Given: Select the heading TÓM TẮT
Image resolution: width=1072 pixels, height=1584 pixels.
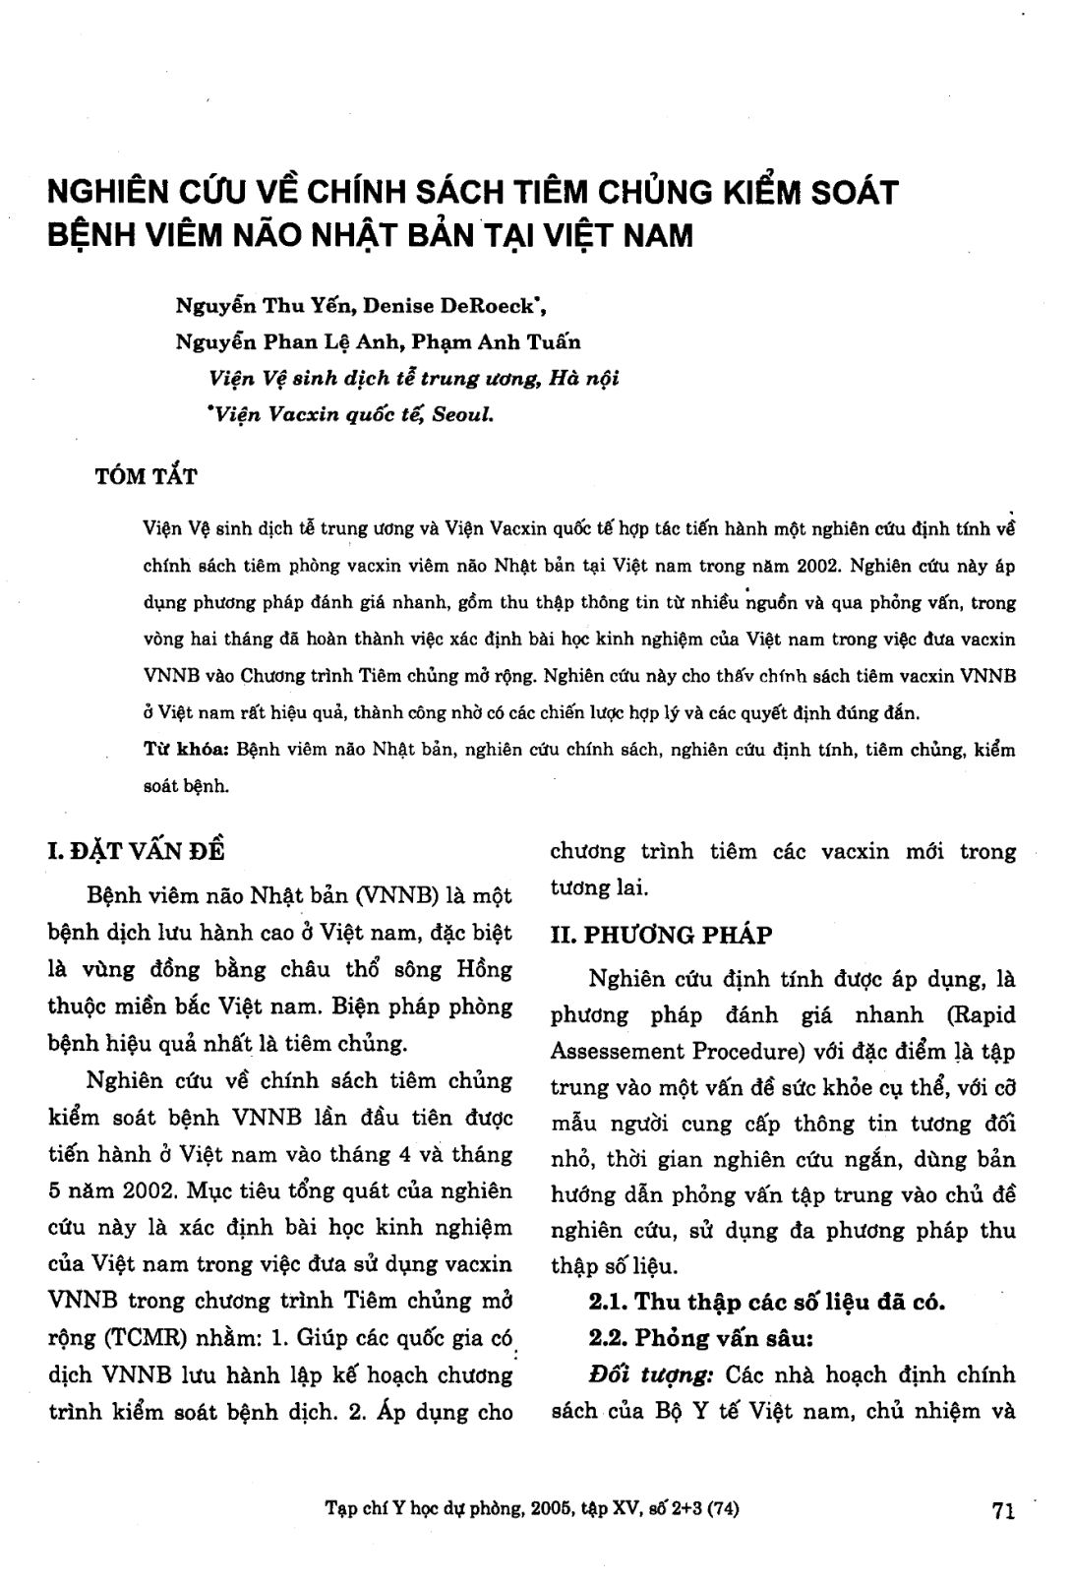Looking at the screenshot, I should (145, 478).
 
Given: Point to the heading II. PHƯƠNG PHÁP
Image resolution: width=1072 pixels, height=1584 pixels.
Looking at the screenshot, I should (661, 934).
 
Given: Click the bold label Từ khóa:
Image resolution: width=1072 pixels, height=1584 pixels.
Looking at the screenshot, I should (187, 750).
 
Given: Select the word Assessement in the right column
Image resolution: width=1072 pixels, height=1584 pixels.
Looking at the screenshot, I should (613, 1052).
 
